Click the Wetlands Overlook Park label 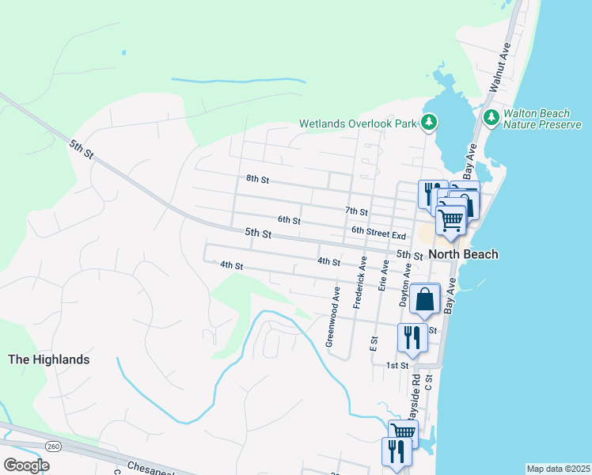coord(359,123)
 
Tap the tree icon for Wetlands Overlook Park coord(429,122)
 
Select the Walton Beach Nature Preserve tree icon coord(491,118)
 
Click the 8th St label coord(257,180)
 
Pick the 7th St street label coord(357,211)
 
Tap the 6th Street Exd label coord(378,235)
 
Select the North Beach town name coord(464,254)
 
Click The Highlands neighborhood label coord(48,359)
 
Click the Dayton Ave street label coord(404,285)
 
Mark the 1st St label coord(397,365)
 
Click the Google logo coord(26,465)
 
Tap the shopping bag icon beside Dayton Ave coord(425,300)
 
